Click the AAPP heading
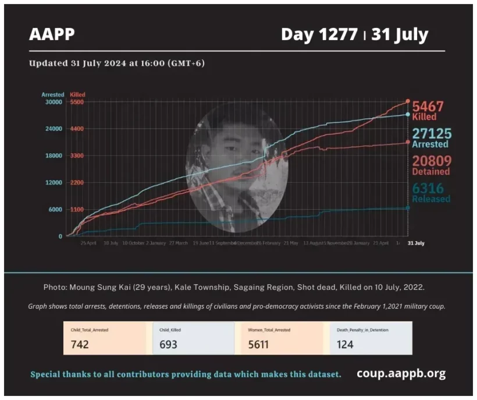[52, 34]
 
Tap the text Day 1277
[319, 34]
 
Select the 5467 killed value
[428, 106]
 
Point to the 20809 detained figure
[431, 161]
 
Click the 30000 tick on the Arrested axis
[54, 102]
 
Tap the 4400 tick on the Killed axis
[77, 129]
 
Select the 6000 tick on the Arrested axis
[55, 210]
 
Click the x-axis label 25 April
[88, 243]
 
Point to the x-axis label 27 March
[177, 243]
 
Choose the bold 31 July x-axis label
[415, 243]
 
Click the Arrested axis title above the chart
[52, 94]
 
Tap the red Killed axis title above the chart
[77, 94]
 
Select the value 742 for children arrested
[80, 344]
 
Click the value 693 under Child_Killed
[168, 344]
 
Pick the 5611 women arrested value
[258, 344]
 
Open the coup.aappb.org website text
[401, 373]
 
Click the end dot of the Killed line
[408, 101]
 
